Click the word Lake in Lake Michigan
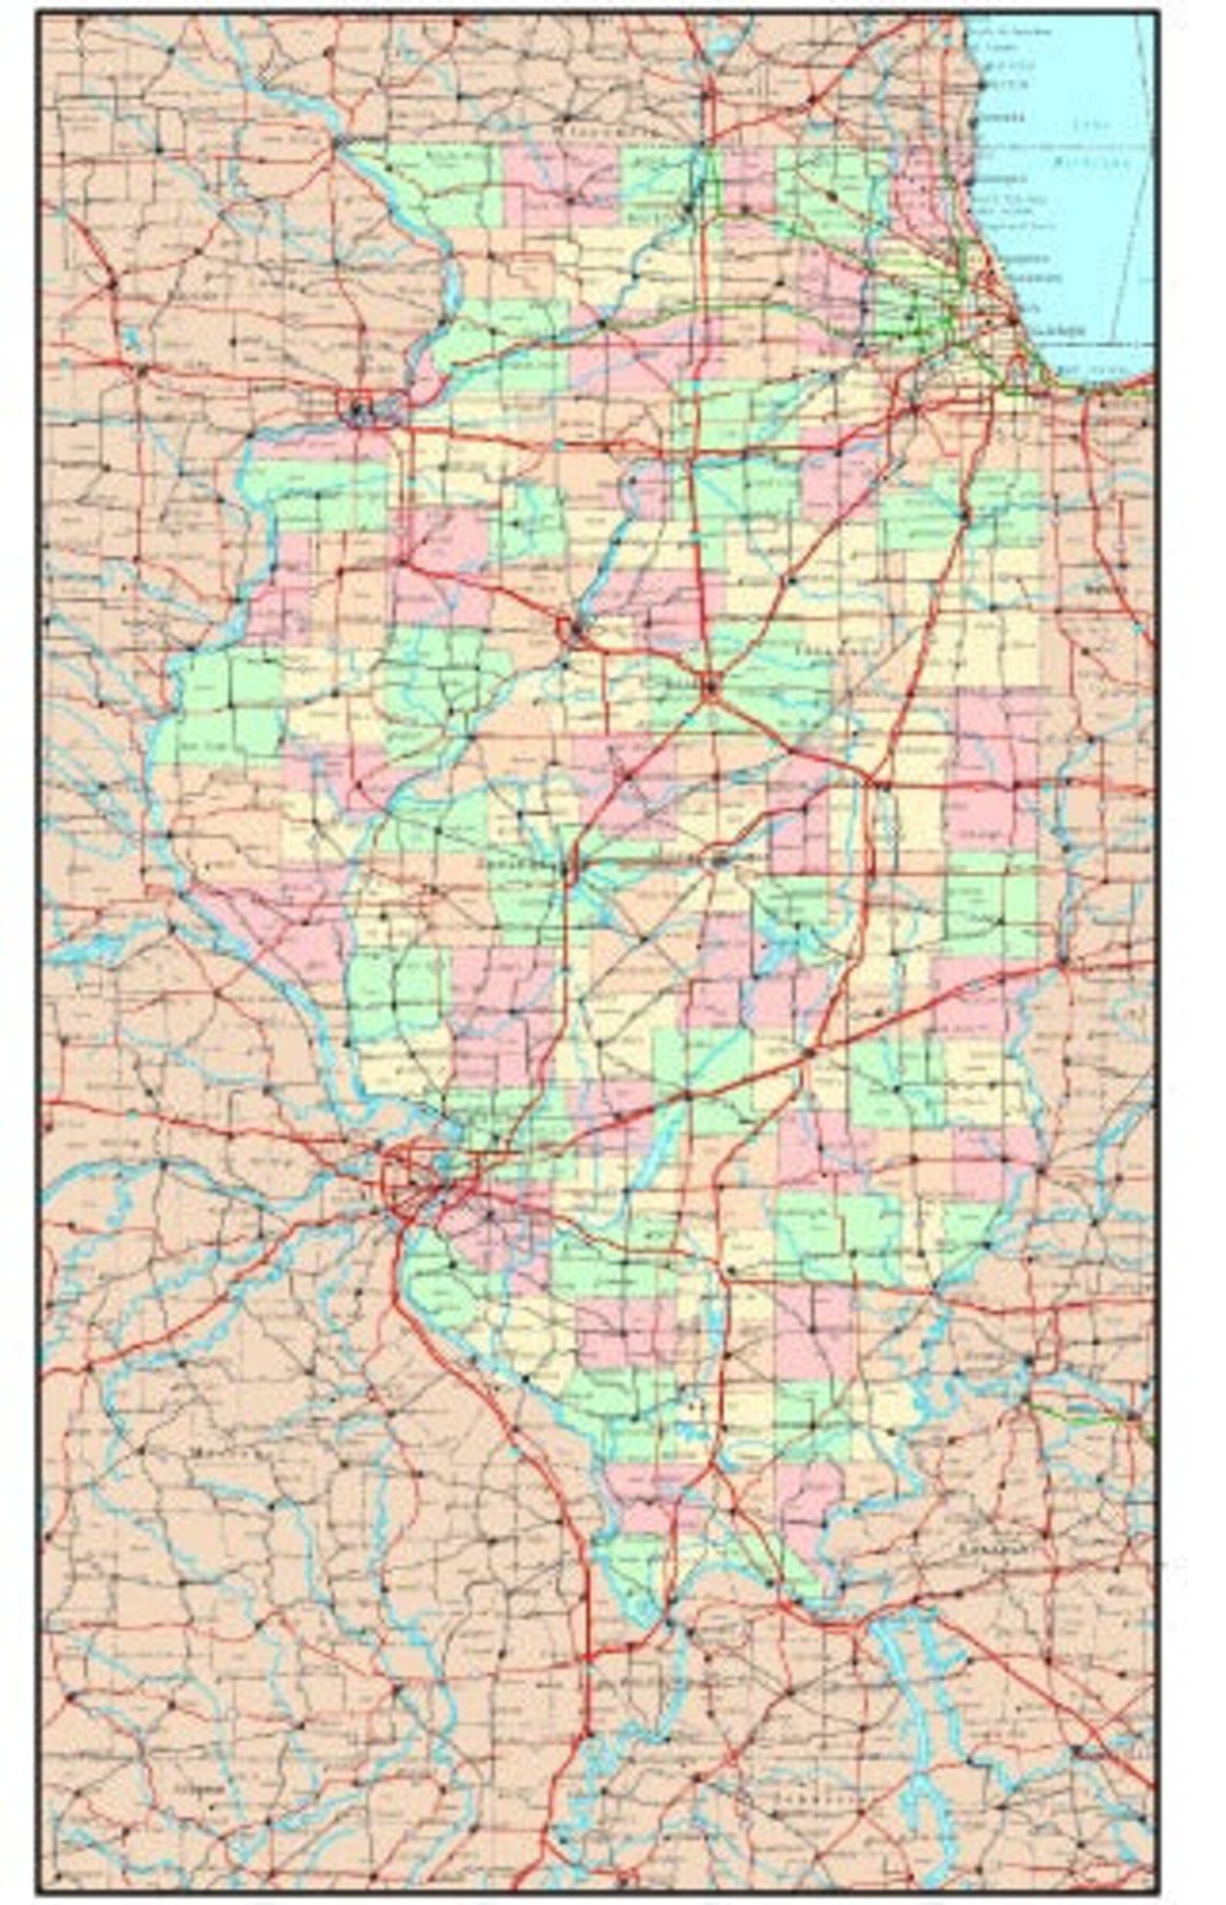(1088, 125)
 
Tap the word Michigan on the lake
(1092, 161)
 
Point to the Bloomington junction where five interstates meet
(710, 685)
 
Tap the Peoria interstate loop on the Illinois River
(571, 629)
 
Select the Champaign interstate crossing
(880, 783)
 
